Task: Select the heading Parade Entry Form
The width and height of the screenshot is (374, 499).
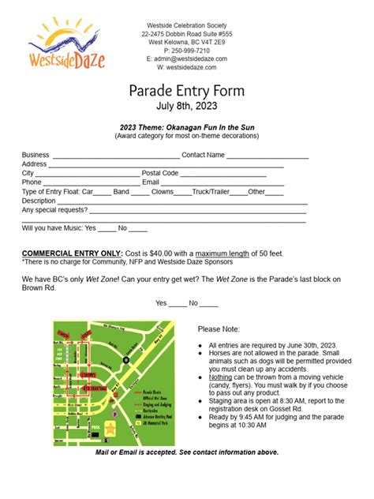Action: pyautogui.click(x=186, y=90)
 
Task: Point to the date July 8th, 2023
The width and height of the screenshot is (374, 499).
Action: pyautogui.click(x=186, y=106)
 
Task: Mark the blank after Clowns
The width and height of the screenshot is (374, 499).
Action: pyautogui.click(x=181, y=192)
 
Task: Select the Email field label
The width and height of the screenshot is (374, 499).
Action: pyautogui.click(x=151, y=182)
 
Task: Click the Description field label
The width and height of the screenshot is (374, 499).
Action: pyautogui.click(x=39, y=201)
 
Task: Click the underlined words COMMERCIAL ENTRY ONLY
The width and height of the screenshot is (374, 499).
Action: pyautogui.click(x=72, y=253)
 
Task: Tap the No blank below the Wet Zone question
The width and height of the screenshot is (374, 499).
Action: pyautogui.click(x=209, y=303)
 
